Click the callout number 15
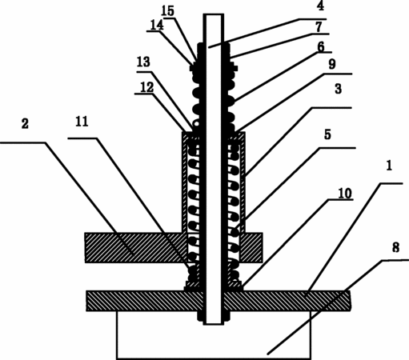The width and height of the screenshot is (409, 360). pos(168,10)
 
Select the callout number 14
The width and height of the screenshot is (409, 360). pos(157,25)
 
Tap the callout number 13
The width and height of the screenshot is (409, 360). pos(143,62)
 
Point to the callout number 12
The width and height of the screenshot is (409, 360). pos(147,87)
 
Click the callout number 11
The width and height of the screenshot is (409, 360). pos(82,122)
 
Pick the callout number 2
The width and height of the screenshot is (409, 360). pos(25,124)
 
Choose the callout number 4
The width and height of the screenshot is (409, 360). pos(320,6)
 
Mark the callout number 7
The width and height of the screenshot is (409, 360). pos(319,27)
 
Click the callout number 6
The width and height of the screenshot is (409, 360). pos(321,47)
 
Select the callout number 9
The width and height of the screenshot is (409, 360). pos(332,64)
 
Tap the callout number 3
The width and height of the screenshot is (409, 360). pos(339,89)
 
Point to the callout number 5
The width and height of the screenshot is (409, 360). pos(327,134)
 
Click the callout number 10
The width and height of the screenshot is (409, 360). pos(345,194)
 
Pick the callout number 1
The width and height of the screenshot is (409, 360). pos(389,166)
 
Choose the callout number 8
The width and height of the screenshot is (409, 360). pos(396,248)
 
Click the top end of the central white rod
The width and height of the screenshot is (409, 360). pos(214,14)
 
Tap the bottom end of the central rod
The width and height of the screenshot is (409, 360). pos(214,324)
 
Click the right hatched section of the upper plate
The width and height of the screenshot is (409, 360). pos(251,247)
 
